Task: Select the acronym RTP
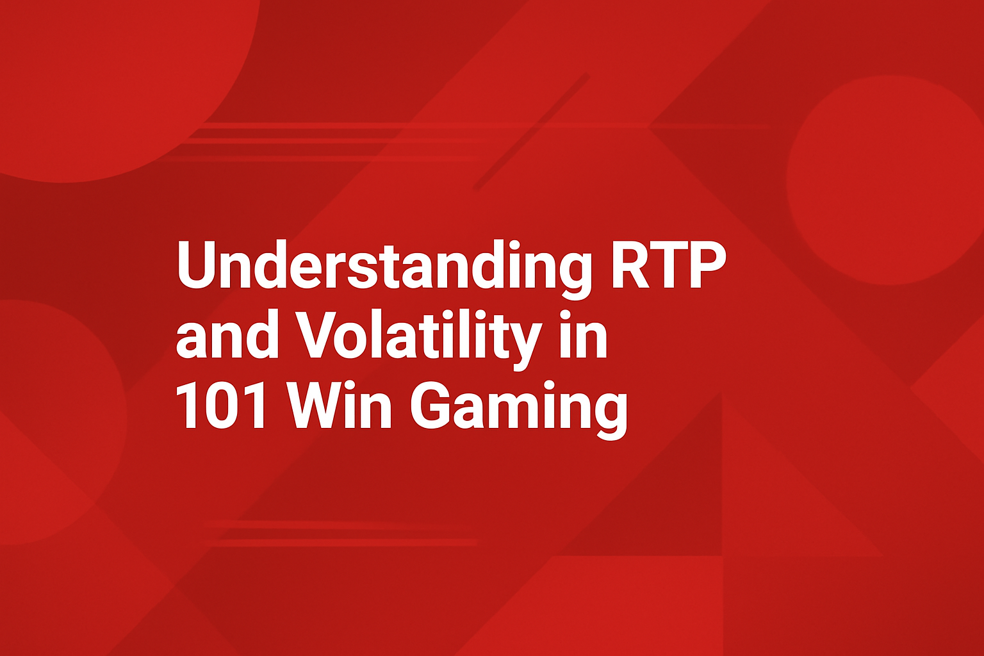coord(668,265)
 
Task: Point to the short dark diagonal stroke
coord(532,131)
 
